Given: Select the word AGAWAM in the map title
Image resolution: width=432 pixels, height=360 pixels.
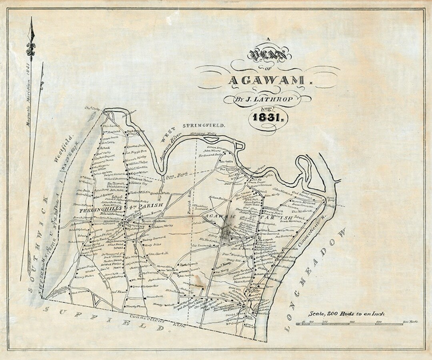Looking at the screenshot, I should pos(267,80).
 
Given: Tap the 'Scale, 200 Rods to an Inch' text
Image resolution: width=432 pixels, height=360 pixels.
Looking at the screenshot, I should pos(346,314).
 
